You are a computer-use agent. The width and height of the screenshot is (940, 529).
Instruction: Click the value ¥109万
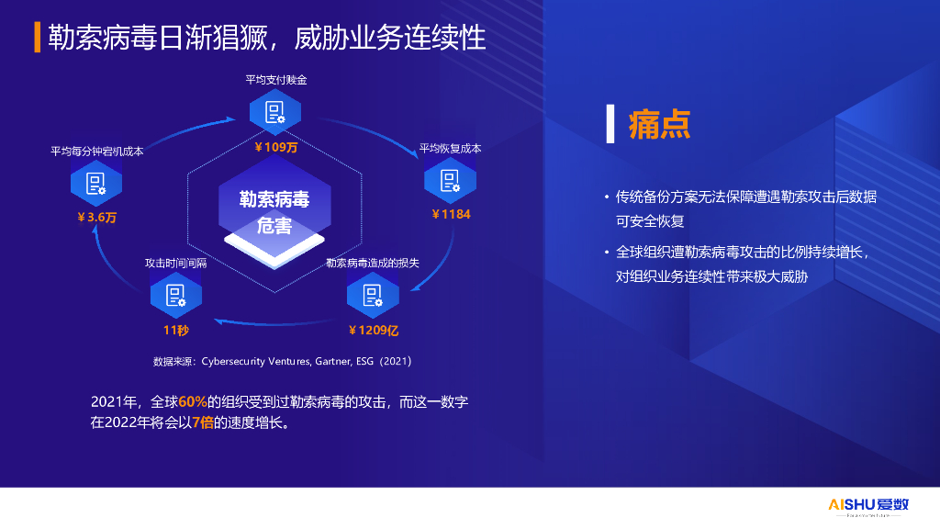[275, 147]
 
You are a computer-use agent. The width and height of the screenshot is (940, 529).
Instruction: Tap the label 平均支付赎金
[275, 80]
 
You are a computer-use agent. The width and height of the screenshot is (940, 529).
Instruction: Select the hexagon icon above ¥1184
[450, 181]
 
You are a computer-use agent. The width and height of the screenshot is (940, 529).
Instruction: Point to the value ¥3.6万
[96, 217]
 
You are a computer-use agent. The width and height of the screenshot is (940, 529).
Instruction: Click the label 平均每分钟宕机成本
[97, 152]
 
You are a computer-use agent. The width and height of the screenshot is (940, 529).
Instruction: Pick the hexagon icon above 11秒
[175, 295]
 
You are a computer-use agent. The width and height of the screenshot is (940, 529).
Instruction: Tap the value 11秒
[175, 330]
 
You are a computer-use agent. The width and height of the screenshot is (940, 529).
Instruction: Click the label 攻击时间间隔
[175, 263]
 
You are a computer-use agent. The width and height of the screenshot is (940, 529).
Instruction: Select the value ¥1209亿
[373, 330]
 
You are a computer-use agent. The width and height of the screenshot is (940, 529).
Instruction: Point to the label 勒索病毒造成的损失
[373, 263]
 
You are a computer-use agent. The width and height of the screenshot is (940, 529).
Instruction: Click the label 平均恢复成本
[450, 148]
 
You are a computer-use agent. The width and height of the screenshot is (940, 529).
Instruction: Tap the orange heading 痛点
[659, 124]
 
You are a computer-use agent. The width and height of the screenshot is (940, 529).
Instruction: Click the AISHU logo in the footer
[868, 505]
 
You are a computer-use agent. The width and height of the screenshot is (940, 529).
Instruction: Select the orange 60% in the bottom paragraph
[193, 402]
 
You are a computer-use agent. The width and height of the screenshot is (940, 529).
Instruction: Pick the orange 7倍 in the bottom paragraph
[203, 422]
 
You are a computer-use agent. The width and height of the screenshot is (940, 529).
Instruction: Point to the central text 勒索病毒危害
[274, 212]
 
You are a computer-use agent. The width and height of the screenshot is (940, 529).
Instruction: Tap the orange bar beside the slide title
[37, 37]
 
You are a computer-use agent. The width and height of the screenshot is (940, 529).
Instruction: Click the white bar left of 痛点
[610, 124]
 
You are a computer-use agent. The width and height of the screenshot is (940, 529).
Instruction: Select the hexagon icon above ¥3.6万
[95, 183]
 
